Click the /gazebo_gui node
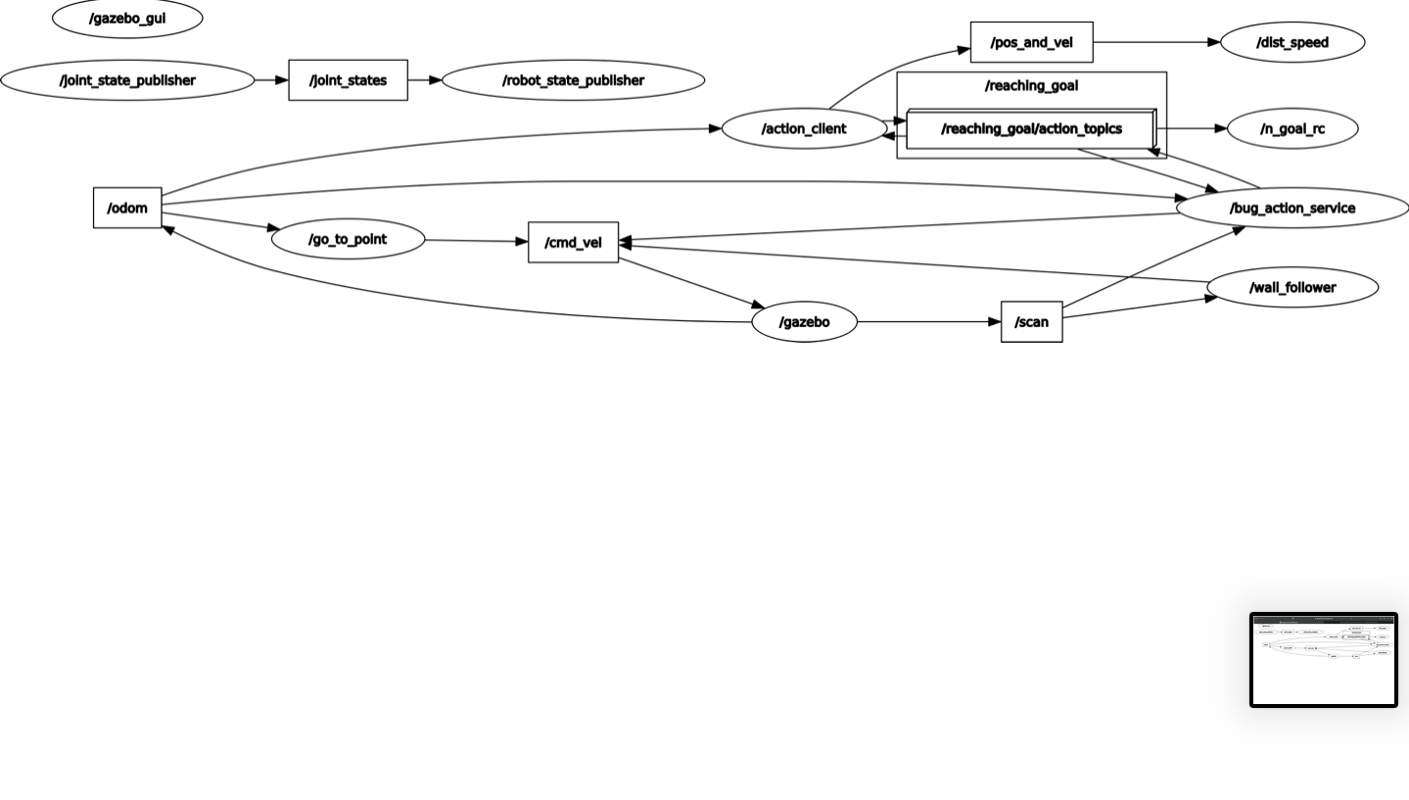[127, 19]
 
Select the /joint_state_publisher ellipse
[127, 80]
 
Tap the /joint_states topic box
[348, 80]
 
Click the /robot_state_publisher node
[573, 80]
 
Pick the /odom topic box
[127, 208]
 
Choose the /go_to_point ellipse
[348, 240]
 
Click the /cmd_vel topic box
[573, 243]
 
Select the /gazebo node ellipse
[804, 322]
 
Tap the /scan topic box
[1031, 322]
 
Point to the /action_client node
[804, 129]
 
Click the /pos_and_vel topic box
[1031, 43]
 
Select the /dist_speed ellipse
[1292, 43]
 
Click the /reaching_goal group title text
[1031, 86]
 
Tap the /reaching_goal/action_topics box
[1031, 129]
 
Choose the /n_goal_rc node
[1292, 129]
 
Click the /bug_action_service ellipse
[1292, 208]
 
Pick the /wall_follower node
[1292, 287]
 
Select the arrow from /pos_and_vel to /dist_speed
[1155, 43]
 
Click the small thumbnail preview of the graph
[1324, 660]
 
